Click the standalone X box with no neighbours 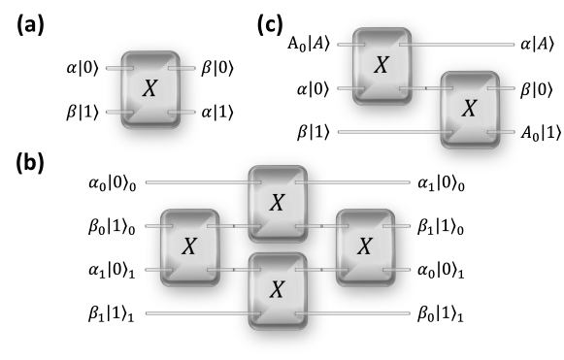point(150,89)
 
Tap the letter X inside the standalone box point(149,89)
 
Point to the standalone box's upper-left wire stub point(115,68)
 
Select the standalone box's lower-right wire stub point(186,112)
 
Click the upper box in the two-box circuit point(382,66)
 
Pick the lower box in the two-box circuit point(470,110)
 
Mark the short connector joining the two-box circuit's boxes point(426,88)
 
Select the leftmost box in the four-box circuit point(189,247)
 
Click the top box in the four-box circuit point(278,204)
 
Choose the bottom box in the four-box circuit point(278,290)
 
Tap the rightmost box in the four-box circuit point(365,247)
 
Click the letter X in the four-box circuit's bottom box point(277,290)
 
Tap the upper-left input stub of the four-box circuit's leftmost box point(153,226)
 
